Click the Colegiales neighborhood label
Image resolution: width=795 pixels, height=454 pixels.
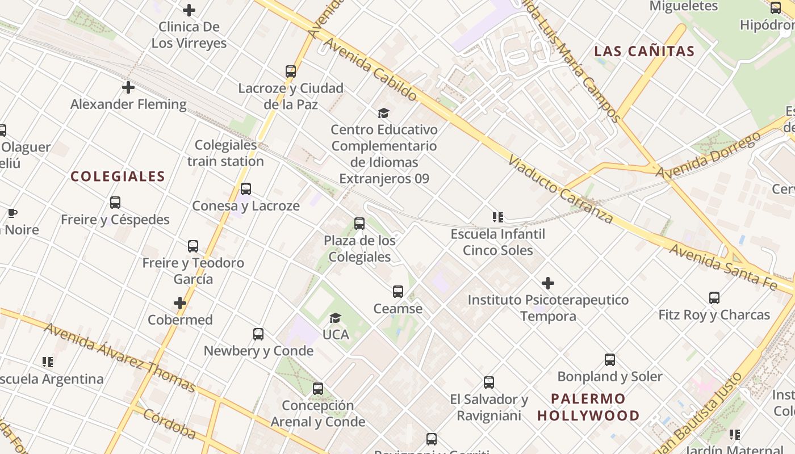pos(118,176)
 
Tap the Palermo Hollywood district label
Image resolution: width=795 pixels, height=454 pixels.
pos(588,407)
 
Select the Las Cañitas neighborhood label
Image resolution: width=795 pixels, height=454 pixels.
pos(645,51)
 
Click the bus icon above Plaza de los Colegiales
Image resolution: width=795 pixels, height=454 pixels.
pos(359,224)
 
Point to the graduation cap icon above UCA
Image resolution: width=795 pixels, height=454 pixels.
pos(336,318)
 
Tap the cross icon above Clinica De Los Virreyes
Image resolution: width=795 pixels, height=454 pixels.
pos(189,10)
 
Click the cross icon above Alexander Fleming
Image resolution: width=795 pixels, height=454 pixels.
pos(128,87)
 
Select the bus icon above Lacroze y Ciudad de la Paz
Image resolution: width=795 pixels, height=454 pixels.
pos(291,72)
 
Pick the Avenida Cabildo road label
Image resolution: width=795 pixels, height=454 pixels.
pos(371,70)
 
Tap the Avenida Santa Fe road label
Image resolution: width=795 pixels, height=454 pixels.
pos(722,267)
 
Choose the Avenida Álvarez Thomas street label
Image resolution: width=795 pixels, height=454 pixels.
pos(120,357)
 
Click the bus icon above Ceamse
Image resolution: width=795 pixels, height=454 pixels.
pos(398,292)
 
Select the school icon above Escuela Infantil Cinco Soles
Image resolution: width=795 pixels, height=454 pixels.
pos(498,217)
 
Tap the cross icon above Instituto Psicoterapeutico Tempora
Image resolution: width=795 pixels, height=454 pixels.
pos(548,283)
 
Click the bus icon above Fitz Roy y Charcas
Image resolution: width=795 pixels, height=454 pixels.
pos(714,297)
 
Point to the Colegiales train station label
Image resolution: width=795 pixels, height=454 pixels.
pos(225,153)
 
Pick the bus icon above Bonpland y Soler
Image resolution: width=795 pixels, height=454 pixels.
pos(610,359)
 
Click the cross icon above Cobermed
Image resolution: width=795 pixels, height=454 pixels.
pos(180,303)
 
